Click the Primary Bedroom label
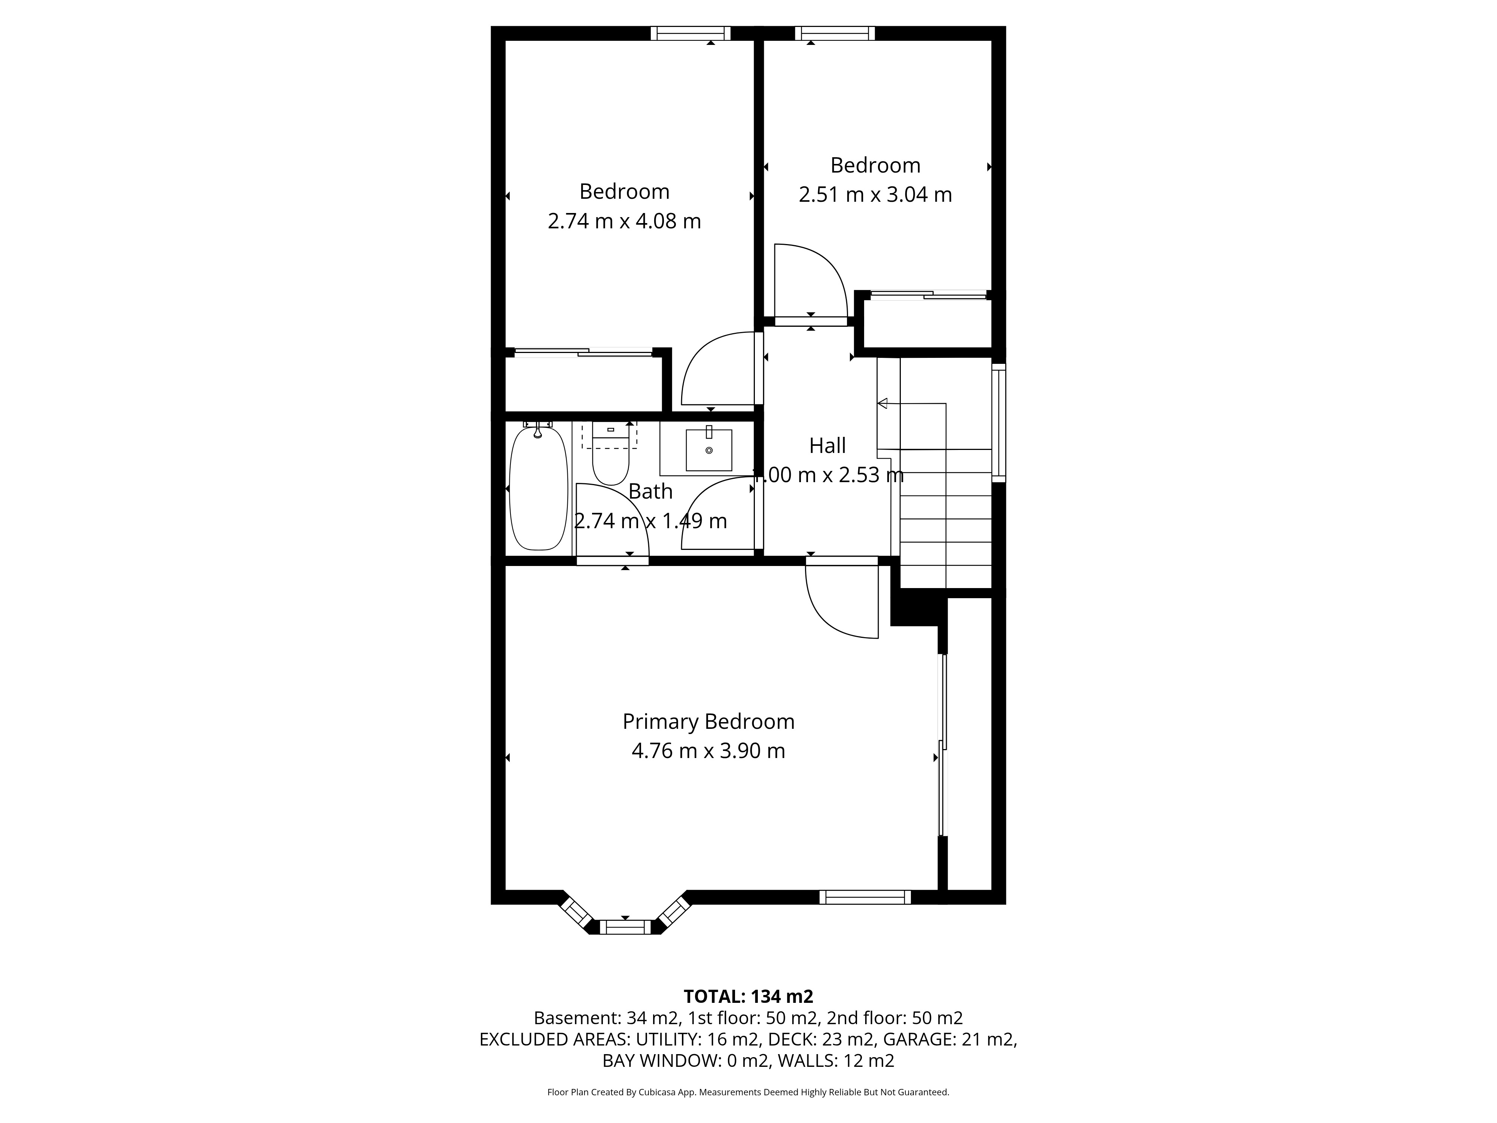[x=708, y=722]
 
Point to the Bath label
[x=650, y=491]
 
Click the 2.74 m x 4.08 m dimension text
[x=624, y=221]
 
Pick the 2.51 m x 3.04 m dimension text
[x=875, y=195]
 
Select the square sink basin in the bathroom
[x=708, y=450]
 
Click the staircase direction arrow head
[x=882, y=404]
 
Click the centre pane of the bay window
[x=625, y=927]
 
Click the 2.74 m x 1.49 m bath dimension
[x=650, y=521]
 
